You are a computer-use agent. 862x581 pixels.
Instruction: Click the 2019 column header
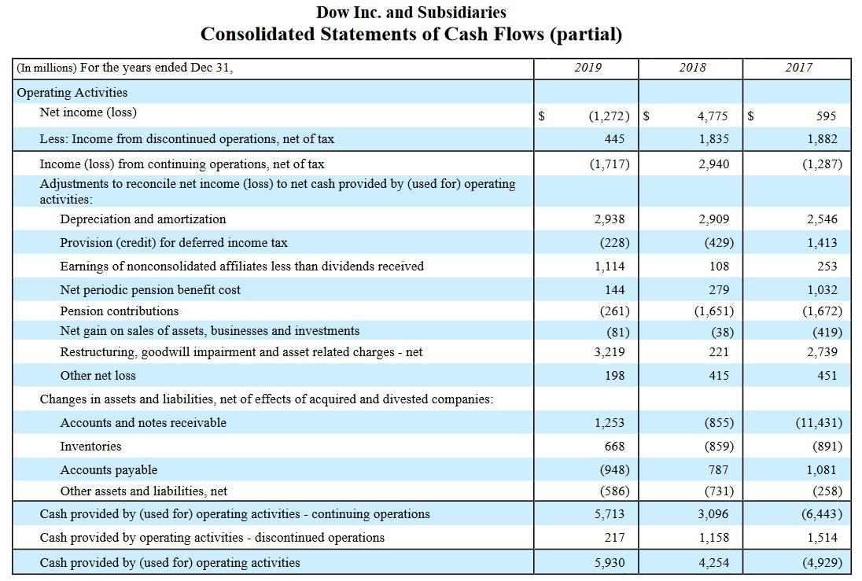(x=588, y=68)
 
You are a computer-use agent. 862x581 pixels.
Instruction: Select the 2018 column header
(x=692, y=68)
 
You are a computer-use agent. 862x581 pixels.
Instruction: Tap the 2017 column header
(x=798, y=68)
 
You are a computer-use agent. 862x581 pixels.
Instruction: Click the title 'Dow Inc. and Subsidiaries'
(x=411, y=13)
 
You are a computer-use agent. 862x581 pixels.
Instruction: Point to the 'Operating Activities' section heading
(x=72, y=92)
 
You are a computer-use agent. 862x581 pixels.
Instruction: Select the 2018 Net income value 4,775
(x=713, y=116)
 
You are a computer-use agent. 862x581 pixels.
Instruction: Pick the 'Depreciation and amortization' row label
(x=143, y=219)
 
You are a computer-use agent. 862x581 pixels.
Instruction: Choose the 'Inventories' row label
(x=91, y=447)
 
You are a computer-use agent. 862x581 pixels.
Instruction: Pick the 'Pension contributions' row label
(x=120, y=311)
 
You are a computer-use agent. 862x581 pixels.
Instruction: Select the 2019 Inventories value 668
(x=614, y=447)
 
